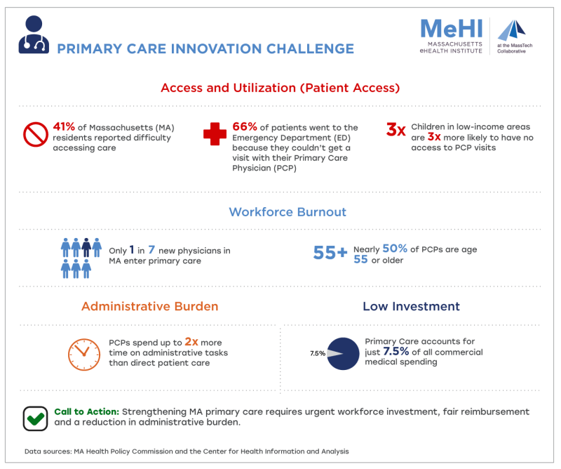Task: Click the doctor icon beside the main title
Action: [x=33, y=34]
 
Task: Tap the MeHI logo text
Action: [x=451, y=29]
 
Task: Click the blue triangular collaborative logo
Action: [x=511, y=31]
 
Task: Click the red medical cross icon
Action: [x=214, y=134]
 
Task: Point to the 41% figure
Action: [x=65, y=128]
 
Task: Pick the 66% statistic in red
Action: [x=243, y=128]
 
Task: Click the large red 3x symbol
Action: [x=396, y=129]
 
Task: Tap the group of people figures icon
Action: [x=81, y=256]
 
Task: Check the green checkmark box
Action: [x=34, y=418]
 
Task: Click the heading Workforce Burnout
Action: [x=288, y=212]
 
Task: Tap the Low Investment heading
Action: [x=411, y=307]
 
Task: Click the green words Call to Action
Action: [x=86, y=411]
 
